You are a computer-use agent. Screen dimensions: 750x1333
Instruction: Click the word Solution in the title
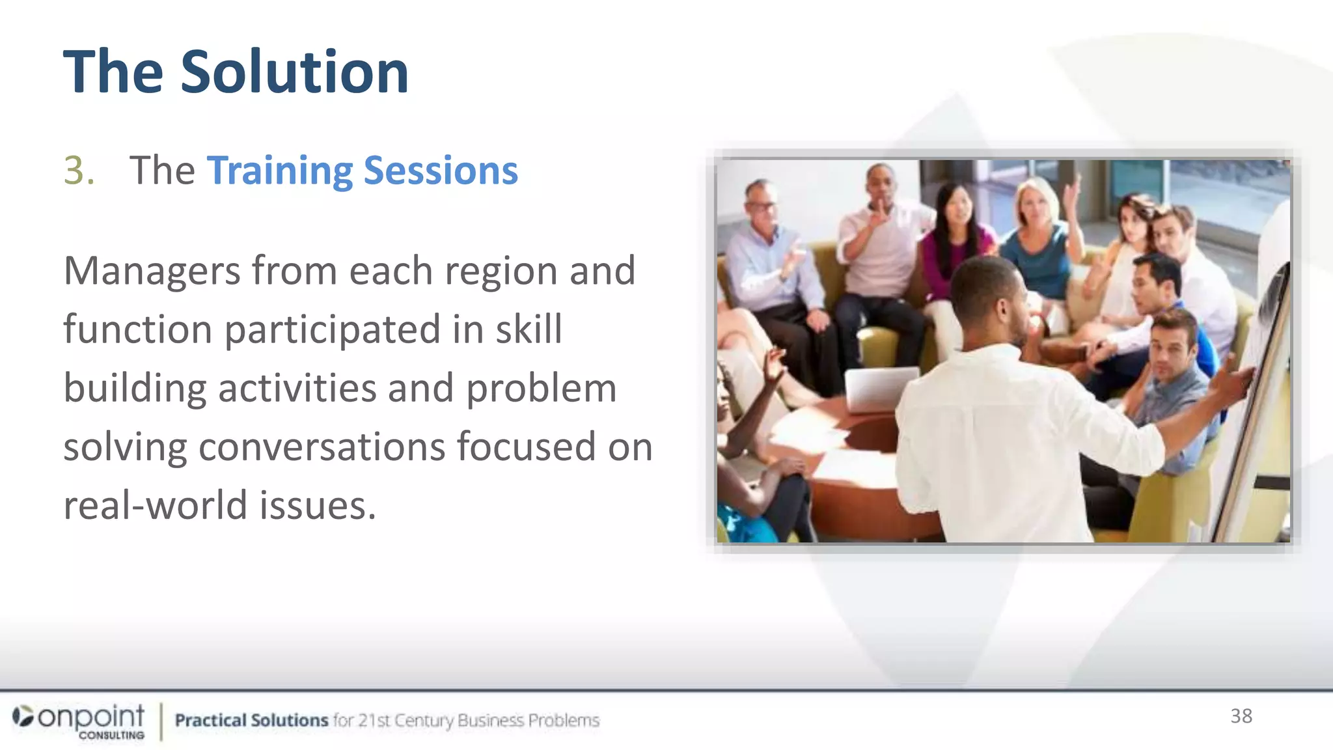[294, 72]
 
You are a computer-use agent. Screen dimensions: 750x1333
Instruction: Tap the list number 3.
[79, 171]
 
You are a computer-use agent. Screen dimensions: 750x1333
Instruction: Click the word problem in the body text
[541, 388]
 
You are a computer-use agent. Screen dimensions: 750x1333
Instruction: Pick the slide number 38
[1241, 716]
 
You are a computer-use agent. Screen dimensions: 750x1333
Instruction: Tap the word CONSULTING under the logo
[111, 735]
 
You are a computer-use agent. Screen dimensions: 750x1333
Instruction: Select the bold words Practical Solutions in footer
[251, 720]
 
